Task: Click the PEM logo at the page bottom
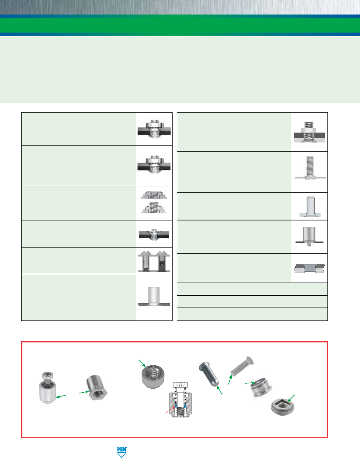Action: [122, 452]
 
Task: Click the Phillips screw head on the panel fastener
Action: [47, 375]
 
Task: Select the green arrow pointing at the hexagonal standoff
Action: [84, 392]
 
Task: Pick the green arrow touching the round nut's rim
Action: [142, 363]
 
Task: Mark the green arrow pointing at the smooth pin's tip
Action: [220, 390]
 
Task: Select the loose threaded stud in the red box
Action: [242, 366]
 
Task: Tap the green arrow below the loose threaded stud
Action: [230, 380]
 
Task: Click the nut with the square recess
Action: [282, 407]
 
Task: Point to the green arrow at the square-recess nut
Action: [291, 398]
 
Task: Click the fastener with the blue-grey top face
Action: [261, 388]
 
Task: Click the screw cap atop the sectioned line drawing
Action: [181, 386]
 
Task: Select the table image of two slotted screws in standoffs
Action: [154, 261]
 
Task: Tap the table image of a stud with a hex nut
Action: [309, 132]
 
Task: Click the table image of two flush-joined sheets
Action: [309, 268]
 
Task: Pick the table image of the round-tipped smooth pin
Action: [310, 206]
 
